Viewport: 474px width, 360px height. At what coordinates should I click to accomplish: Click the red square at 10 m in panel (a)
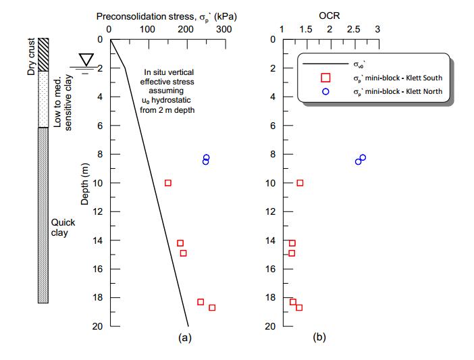(168, 183)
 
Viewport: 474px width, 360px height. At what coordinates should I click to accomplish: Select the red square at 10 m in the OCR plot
(300, 183)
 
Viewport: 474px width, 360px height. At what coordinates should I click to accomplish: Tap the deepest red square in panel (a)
(212, 307)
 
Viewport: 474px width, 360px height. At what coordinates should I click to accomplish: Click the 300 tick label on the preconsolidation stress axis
(223, 30)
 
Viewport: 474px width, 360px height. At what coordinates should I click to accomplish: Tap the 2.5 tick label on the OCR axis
(353, 30)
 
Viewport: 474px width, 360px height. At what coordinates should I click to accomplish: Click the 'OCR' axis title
(330, 14)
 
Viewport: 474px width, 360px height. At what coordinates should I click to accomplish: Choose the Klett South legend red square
(325, 78)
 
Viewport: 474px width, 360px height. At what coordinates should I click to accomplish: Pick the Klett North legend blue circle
(325, 91)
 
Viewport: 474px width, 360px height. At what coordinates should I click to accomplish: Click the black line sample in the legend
(325, 65)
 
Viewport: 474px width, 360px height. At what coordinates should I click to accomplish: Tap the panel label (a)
(184, 338)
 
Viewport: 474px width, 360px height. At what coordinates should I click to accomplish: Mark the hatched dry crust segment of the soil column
(43, 55)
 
